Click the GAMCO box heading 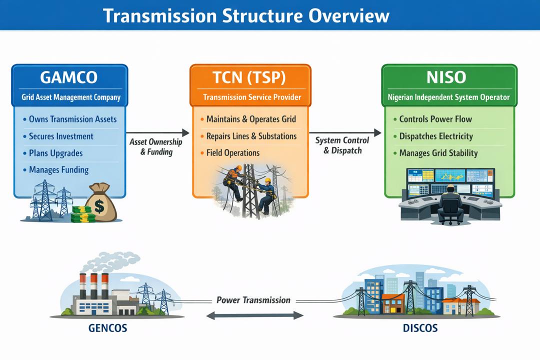pyautogui.click(x=69, y=77)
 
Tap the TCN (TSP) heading pyautogui.click(x=249, y=77)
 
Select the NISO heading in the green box pyautogui.click(x=446, y=77)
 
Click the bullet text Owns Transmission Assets pyautogui.click(x=72, y=119)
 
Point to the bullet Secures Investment pyautogui.click(x=61, y=136)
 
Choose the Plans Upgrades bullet pyautogui.click(x=55, y=153)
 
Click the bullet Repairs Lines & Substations pyautogui.click(x=251, y=136)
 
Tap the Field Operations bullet pyautogui.click(x=232, y=153)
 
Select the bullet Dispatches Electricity pyautogui.click(x=436, y=136)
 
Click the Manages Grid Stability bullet pyautogui.click(x=438, y=153)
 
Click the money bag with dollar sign pyautogui.click(x=101, y=204)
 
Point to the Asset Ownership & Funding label pyautogui.click(x=155, y=147)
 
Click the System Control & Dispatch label pyautogui.click(x=342, y=145)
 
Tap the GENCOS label pyautogui.click(x=107, y=328)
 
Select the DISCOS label pyautogui.click(x=420, y=328)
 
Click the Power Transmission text pyautogui.click(x=253, y=300)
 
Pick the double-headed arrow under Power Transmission pyautogui.click(x=254, y=315)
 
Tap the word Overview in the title pyautogui.click(x=348, y=15)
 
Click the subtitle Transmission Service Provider pyautogui.click(x=252, y=97)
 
